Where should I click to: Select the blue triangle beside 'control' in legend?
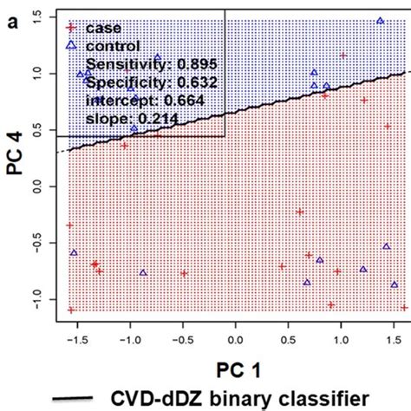(73, 45)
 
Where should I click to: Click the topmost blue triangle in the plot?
(380, 20)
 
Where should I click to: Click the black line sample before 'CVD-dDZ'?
(73, 398)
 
